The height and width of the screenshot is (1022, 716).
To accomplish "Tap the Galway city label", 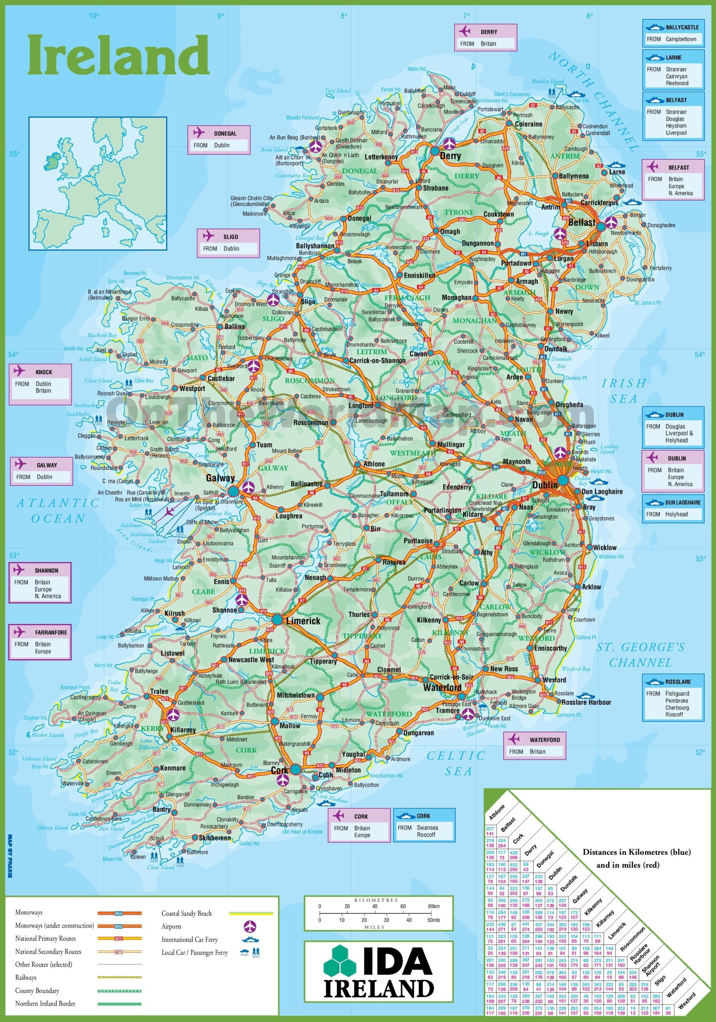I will [x=220, y=478].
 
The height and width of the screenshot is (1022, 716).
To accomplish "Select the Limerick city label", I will [x=303, y=620].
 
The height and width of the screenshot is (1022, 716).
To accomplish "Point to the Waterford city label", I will [x=442, y=688].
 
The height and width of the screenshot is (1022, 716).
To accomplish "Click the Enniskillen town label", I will [x=419, y=275].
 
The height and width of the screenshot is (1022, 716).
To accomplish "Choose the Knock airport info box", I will [x=40, y=384].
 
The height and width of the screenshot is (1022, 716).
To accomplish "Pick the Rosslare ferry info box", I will [x=673, y=697].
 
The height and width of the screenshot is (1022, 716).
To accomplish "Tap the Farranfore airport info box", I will [x=40, y=642].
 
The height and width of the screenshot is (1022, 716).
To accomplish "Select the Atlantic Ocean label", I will [x=58, y=511].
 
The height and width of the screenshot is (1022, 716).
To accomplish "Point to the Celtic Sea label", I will [x=456, y=763].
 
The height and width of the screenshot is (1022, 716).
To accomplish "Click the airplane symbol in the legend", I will [x=251, y=926].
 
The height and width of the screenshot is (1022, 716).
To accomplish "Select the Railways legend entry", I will [x=26, y=978].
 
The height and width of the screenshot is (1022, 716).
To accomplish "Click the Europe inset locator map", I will [x=98, y=183].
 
